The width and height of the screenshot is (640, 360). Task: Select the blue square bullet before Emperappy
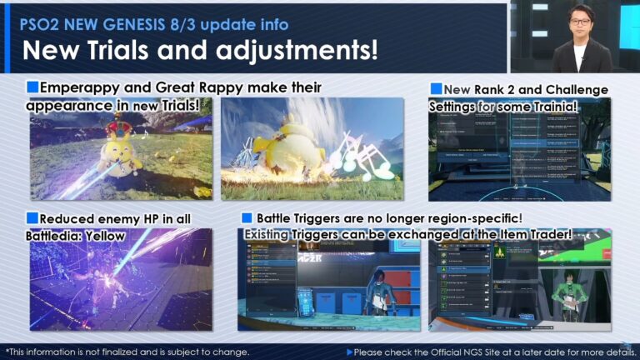tap(32, 87)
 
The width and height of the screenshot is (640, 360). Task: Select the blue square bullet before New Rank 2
tap(436, 89)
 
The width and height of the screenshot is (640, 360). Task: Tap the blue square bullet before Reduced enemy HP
tap(32, 218)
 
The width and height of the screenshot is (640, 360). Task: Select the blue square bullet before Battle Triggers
tap(247, 218)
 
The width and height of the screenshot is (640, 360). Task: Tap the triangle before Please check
tap(350, 352)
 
